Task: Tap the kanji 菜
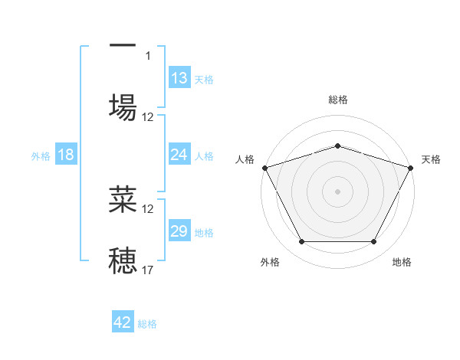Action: (123, 198)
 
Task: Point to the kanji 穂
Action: (123, 260)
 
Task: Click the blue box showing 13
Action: (179, 78)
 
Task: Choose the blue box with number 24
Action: (179, 155)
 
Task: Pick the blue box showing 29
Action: (179, 231)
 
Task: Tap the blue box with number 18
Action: (66, 155)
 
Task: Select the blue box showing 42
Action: (123, 322)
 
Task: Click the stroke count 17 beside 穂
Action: (148, 270)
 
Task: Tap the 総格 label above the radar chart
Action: (337, 100)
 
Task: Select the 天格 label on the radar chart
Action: (431, 159)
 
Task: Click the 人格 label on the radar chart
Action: (245, 159)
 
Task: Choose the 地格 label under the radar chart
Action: (402, 262)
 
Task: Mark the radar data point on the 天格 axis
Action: (411, 168)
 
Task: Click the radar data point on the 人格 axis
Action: (264, 168)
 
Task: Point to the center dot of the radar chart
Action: (337, 191)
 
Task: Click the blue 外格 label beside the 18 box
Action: (41, 155)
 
